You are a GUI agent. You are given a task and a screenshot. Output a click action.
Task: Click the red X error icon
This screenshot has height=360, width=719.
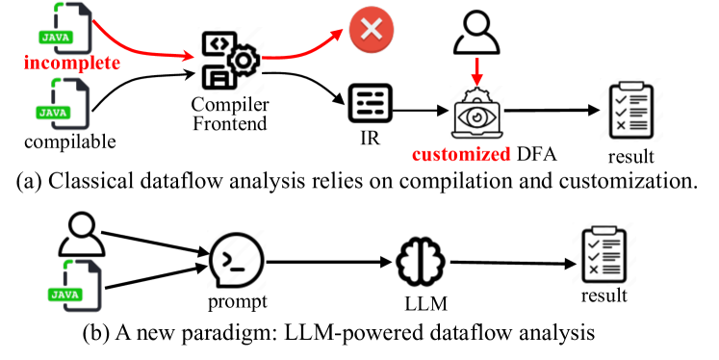coord(367,35)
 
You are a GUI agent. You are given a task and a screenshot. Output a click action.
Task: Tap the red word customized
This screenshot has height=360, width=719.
coord(454,155)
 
